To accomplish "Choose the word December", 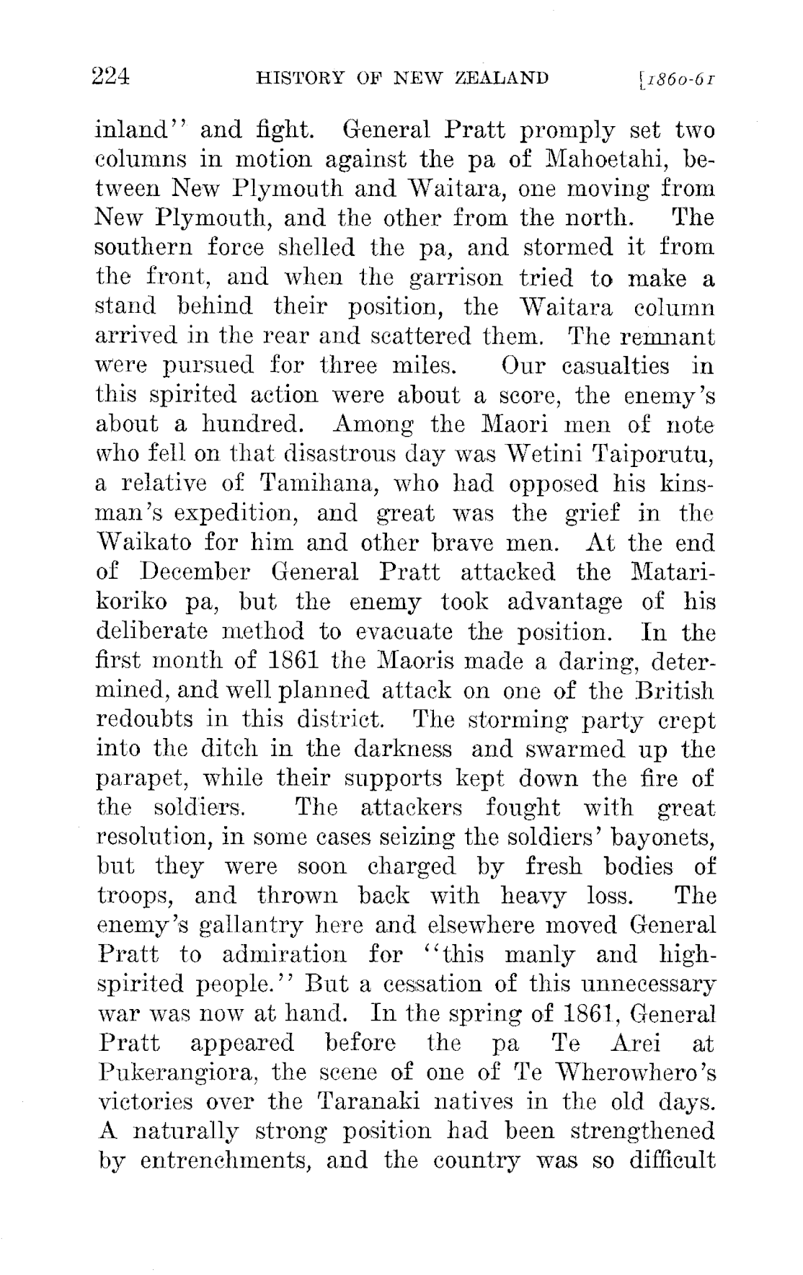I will pyautogui.click(x=190, y=573).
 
